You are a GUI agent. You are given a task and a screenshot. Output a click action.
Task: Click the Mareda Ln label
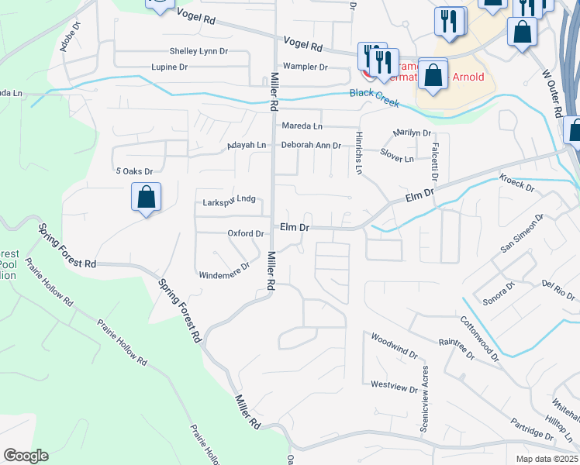[x=302, y=126]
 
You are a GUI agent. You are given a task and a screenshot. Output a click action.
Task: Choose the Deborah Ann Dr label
[x=311, y=145]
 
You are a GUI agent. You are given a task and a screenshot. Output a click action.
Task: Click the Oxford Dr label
[x=245, y=233]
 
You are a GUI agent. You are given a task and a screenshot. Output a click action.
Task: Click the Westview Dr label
[x=389, y=384]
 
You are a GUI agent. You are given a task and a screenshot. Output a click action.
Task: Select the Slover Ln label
[x=397, y=157]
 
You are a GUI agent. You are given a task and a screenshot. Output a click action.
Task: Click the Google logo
[x=26, y=456]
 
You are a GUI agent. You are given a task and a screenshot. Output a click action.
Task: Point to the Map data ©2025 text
[x=547, y=458]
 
